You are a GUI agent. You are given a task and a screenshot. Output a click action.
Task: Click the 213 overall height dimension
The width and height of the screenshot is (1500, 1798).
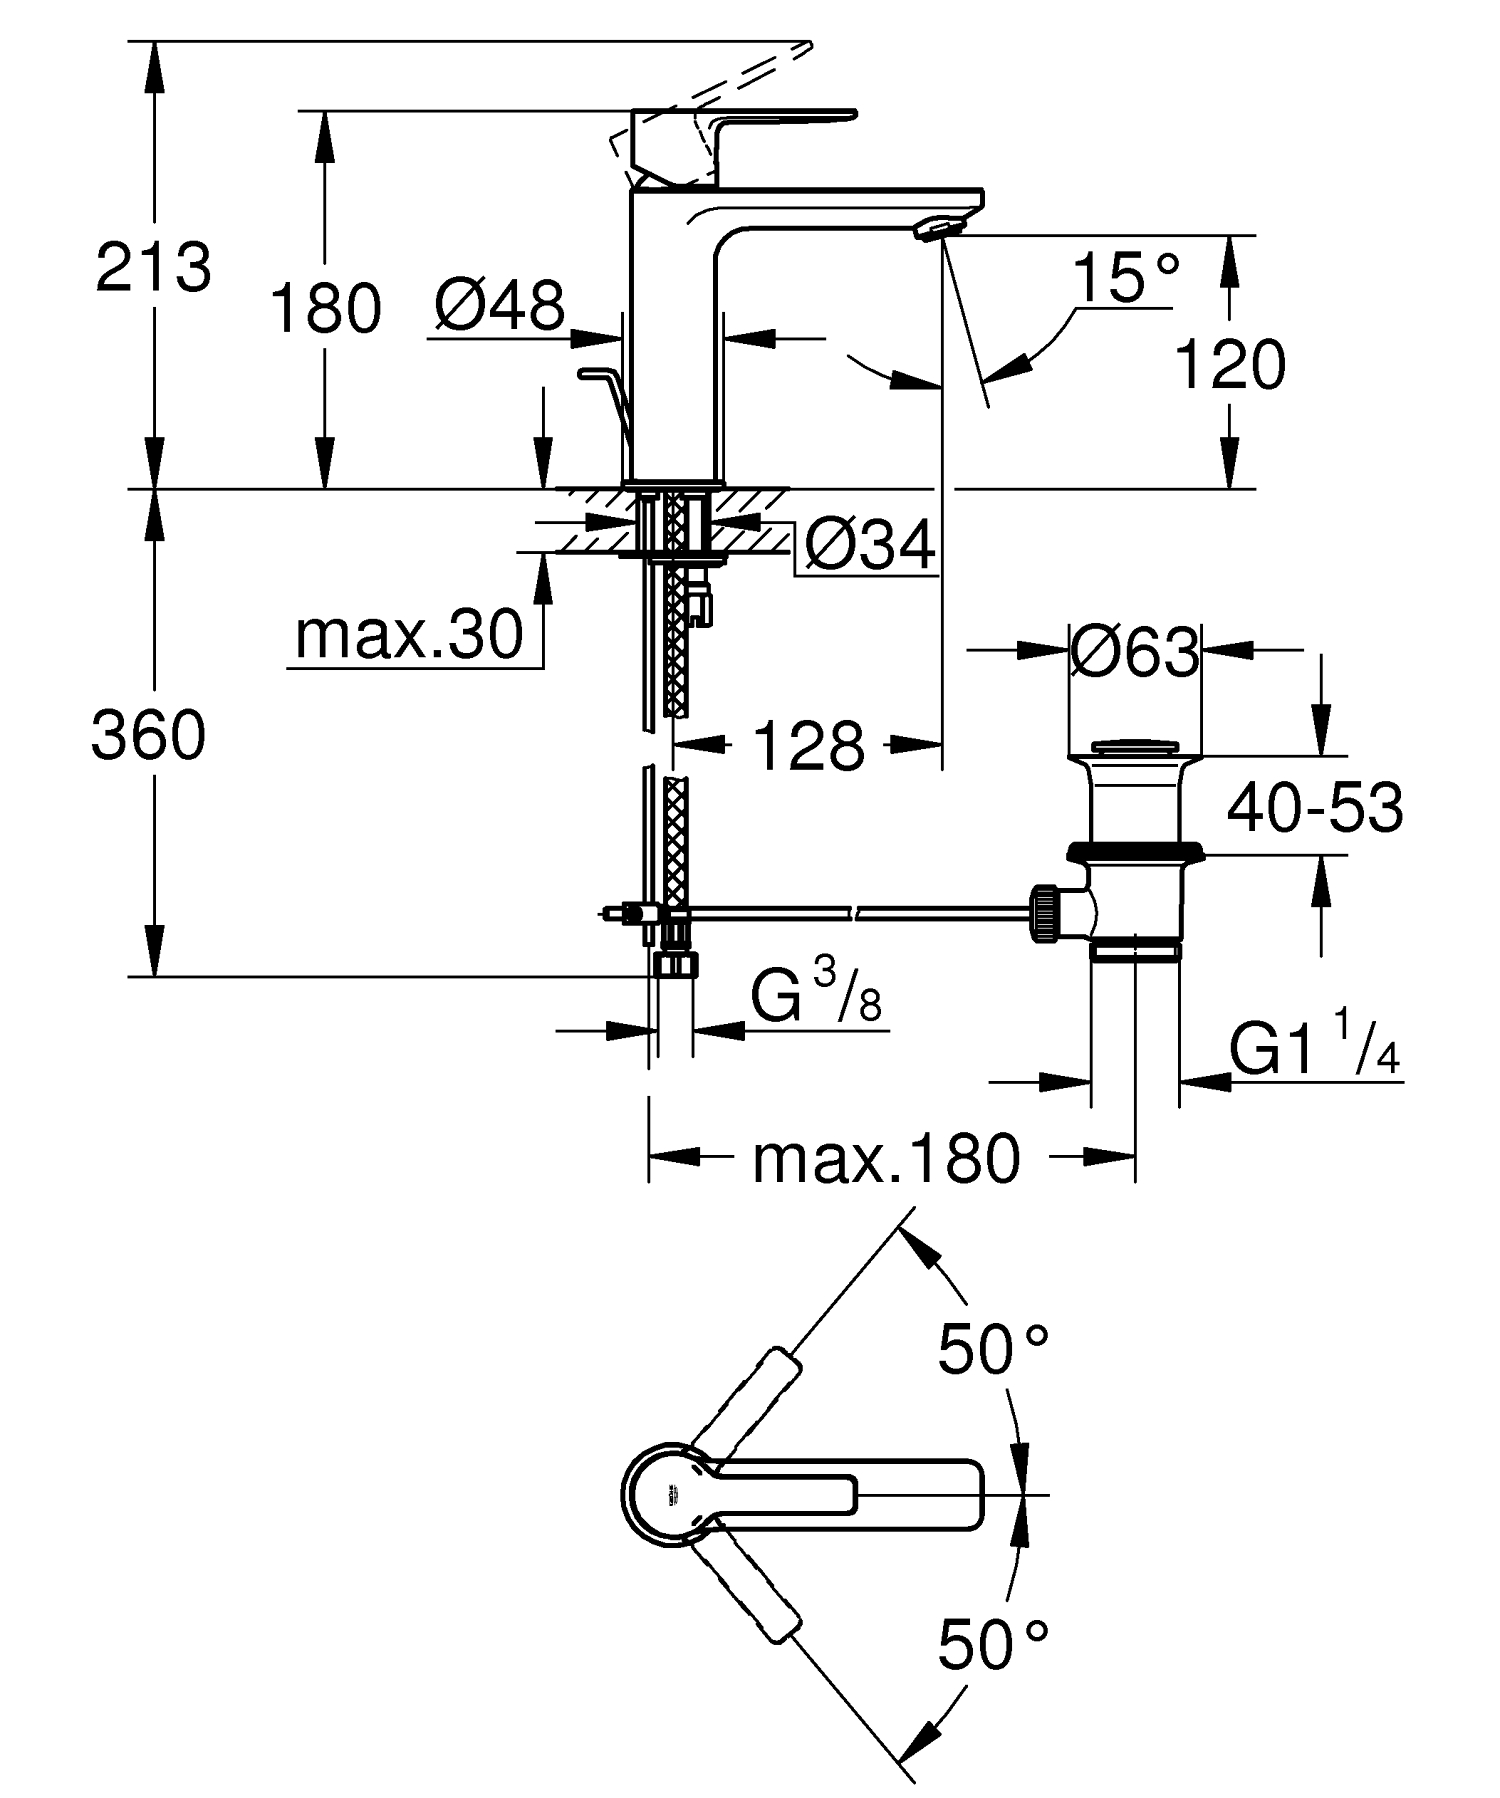[x=153, y=267]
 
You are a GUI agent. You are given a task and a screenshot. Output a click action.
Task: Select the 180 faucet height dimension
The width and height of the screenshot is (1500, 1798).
[x=326, y=307]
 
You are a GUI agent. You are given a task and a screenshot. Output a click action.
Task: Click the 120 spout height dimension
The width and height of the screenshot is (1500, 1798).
[x=1229, y=364]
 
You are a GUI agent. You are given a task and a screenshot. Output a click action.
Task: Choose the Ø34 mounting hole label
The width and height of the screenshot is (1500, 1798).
[x=869, y=546]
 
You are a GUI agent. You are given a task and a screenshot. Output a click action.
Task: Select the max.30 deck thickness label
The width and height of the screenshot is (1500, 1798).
[x=409, y=634]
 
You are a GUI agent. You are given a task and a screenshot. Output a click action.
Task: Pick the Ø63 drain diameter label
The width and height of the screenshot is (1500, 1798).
[x=1134, y=653]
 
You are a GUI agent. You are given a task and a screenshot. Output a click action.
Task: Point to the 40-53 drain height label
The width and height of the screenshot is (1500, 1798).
[x=1314, y=808]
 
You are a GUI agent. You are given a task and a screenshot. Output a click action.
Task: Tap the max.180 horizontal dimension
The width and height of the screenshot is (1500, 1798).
[x=886, y=1159]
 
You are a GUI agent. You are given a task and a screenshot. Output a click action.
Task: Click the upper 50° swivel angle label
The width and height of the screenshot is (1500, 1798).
[x=992, y=1349]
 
